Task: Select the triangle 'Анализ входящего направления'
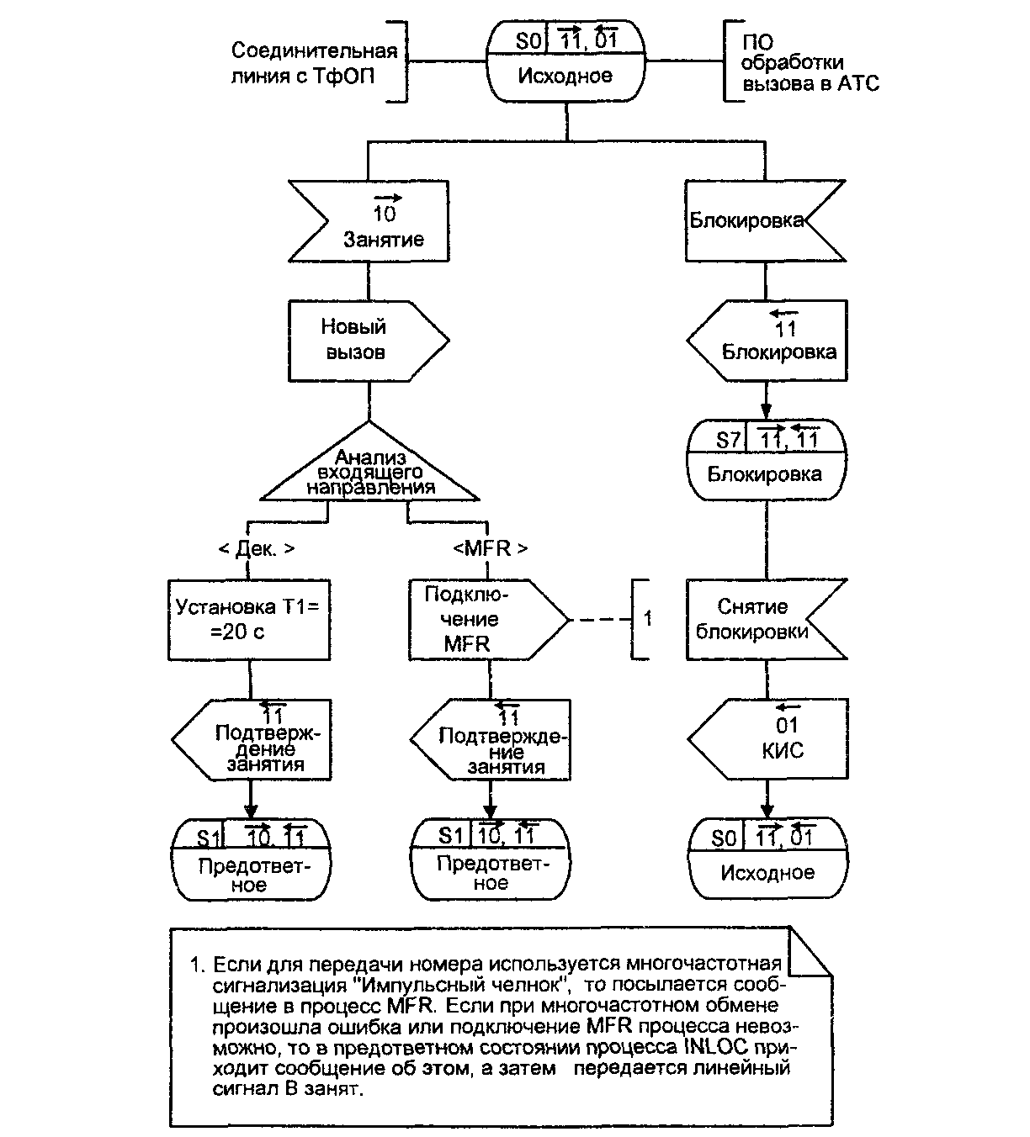(x=370, y=470)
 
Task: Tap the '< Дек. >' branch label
(x=256, y=548)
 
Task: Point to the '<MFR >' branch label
(x=490, y=548)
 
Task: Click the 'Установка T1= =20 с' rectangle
(x=248, y=619)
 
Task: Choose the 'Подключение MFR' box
(x=480, y=619)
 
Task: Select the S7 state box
(x=765, y=459)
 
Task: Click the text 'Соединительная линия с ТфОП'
(x=314, y=63)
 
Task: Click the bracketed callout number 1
(x=647, y=619)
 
